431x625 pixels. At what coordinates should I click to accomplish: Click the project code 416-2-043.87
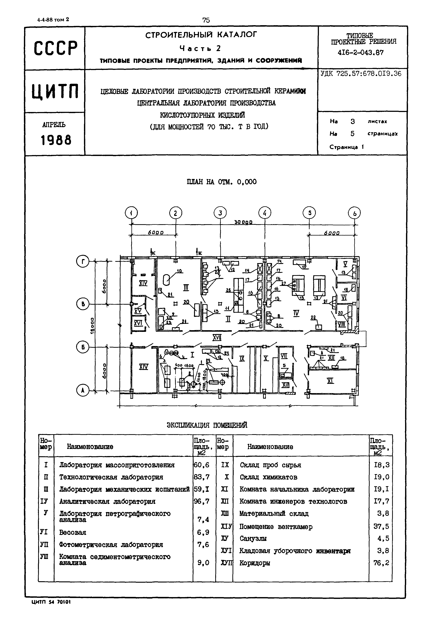click(361, 53)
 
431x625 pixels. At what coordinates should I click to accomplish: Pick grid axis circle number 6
click(354, 213)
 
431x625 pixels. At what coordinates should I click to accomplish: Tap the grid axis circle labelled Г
click(83, 261)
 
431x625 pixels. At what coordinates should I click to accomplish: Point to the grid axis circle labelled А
click(83, 391)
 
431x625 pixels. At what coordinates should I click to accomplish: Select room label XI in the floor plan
click(330, 381)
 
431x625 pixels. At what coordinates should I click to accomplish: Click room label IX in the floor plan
click(242, 359)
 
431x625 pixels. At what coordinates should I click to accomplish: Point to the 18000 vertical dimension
click(92, 325)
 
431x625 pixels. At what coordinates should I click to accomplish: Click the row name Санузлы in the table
click(253, 538)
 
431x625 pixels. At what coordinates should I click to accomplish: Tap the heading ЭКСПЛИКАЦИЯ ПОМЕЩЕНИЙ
click(207, 425)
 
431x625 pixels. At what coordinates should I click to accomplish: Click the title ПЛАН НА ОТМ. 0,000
click(221, 182)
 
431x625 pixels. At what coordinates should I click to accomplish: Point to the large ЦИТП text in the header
click(55, 91)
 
